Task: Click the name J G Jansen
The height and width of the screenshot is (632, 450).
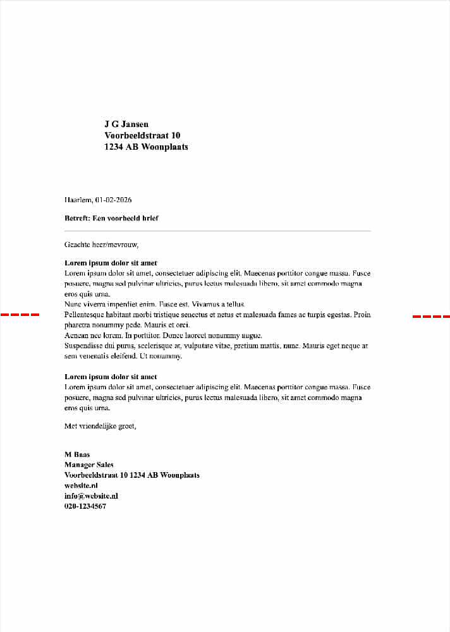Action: (x=126, y=124)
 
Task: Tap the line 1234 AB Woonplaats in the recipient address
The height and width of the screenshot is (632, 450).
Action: (x=146, y=147)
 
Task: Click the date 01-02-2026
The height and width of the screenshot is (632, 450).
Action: (x=113, y=200)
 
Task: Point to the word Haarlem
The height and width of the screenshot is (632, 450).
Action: (x=78, y=200)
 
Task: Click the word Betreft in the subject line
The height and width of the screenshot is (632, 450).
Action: (x=77, y=218)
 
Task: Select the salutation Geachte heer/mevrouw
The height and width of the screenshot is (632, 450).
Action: (x=101, y=244)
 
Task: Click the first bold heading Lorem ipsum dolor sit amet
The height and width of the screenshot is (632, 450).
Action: (x=111, y=263)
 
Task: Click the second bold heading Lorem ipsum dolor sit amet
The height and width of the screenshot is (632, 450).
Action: (x=111, y=377)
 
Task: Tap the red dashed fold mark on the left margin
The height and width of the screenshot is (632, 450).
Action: (x=20, y=314)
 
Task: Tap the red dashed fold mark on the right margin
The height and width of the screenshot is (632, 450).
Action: (x=431, y=316)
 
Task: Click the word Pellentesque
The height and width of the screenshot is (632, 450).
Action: (x=85, y=315)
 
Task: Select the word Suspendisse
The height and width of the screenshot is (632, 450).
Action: (x=85, y=346)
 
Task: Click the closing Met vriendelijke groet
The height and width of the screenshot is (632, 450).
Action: (x=100, y=426)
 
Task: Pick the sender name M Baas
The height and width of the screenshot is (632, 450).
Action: (x=77, y=454)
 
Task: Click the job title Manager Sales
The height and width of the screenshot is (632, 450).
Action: (x=89, y=465)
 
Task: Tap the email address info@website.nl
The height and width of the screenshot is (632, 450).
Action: (x=91, y=496)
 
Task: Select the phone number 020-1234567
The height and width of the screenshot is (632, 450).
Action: (x=85, y=506)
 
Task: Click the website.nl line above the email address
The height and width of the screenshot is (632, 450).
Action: (x=81, y=485)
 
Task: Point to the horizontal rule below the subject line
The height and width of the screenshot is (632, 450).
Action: (x=217, y=231)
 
